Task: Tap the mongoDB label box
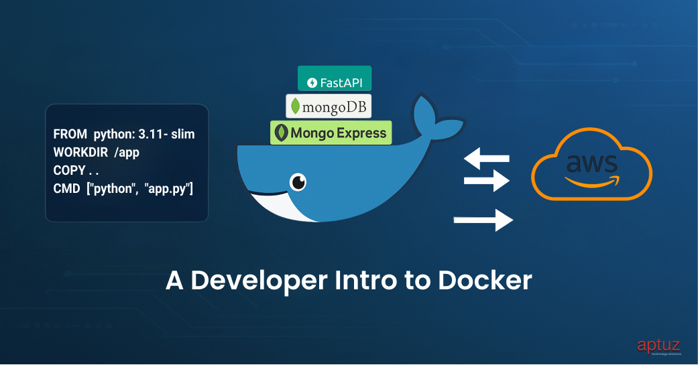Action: (x=329, y=106)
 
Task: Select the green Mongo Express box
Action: (x=331, y=132)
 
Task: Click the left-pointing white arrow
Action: (x=487, y=159)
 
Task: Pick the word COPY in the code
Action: (x=69, y=170)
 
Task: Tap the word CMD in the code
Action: (x=66, y=189)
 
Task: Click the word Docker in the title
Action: (x=485, y=281)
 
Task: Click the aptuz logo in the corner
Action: (x=658, y=346)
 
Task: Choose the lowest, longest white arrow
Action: (x=483, y=220)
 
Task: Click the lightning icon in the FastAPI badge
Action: (x=312, y=83)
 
